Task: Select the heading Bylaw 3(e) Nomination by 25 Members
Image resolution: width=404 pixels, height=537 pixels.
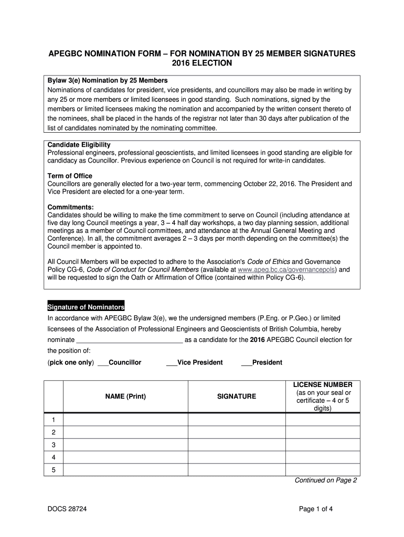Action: (x=108, y=80)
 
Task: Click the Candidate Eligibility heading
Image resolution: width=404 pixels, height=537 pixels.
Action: (x=79, y=145)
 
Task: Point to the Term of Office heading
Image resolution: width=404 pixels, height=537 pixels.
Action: (x=70, y=176)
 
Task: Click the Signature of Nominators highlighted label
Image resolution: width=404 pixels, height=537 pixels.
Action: (x=86, y=307)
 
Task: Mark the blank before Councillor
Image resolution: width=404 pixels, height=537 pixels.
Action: (x=103, y=362)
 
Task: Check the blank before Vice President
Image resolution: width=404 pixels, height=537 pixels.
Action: (x=172, y=362)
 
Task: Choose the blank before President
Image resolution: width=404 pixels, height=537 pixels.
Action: (x=247, y=362)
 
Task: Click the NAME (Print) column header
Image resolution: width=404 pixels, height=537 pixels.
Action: (x=125, y=396)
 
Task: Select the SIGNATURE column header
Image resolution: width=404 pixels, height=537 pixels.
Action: (x=237, y=396)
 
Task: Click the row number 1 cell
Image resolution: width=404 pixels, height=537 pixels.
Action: (x=54, y=420)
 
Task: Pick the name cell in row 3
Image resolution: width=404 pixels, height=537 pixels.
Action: (x=125, y=445)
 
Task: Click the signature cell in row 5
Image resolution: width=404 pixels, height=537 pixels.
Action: (x=237, y=470)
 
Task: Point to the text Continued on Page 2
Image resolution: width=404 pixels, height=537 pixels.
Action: (x=325, y=480)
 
